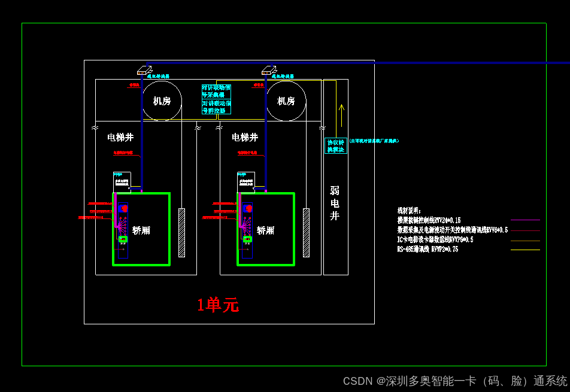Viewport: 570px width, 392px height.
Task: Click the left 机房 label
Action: [x=162, y=101]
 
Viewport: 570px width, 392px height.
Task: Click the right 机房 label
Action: [x=286, y=101]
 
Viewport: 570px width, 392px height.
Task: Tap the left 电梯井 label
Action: [x=120, y=137]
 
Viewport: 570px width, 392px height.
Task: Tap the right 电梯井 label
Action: [x=245, y=137]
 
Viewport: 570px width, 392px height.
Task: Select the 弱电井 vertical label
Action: [x=335, y=203]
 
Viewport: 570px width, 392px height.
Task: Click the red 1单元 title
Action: [x=218, y=305]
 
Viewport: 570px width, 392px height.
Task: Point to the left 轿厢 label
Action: [x=141, y=230]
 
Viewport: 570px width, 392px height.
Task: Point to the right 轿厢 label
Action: [x=266, y=230]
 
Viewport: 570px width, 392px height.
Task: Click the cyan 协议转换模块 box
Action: [x=336, y=146]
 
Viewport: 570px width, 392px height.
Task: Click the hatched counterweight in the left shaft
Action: [x=182, y=233]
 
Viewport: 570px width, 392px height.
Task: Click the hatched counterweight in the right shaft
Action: [x=307, y=233]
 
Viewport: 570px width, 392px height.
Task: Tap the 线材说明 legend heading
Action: [x=409, y=211]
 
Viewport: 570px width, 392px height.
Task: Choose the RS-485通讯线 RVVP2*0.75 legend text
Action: [x=427, y=250]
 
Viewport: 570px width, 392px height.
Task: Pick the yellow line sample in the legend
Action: [x=525, y=240]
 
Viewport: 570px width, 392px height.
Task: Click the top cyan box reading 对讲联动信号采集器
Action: [x=216, y=91]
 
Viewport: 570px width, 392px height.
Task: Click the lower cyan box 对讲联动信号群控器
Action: [x=216, y=107]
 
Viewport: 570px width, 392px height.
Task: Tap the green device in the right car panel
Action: [x=247, y=239]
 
